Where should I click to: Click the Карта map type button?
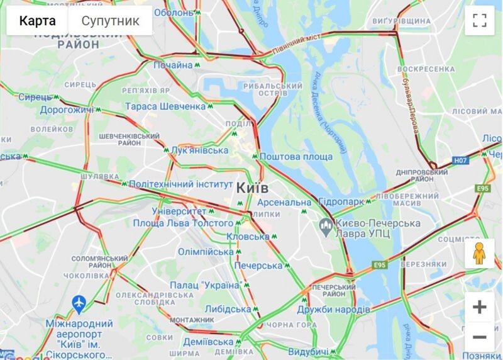[x=37, y=21]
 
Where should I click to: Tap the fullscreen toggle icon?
[x=480, y=21]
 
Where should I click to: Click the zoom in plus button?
[x=480, y=307]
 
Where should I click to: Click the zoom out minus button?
[x=480, y=337]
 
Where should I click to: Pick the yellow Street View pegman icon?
[x=480, y=253]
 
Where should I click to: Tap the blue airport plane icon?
[x=79, y=305]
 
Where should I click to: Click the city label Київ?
[x=253, y=188]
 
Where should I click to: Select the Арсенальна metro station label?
[x=285, y=203]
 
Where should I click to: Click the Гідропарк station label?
[x=341, y=203]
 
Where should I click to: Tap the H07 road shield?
[x=461, y=160]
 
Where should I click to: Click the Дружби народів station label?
[x=333, y=310]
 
